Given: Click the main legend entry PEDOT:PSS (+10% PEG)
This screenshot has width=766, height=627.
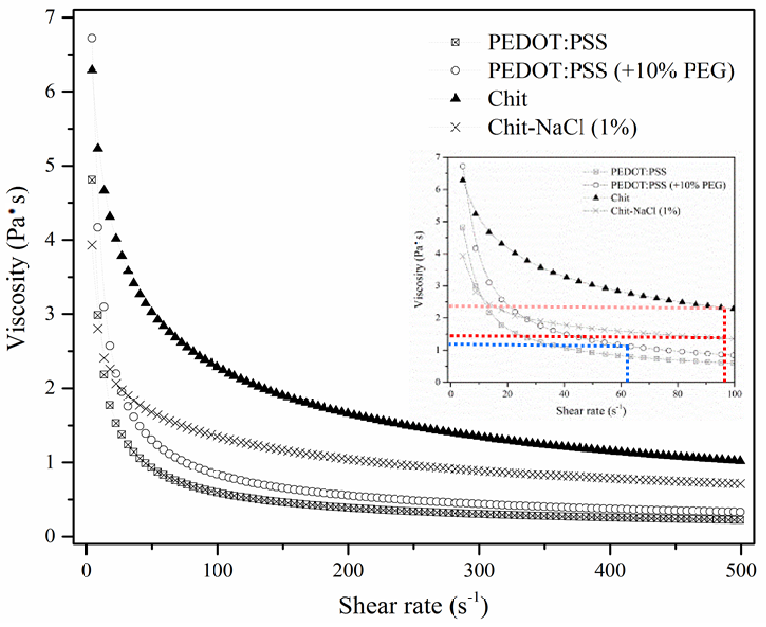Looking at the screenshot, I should [x=611, y=71].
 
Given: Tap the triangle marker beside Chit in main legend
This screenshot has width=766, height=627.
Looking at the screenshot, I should [x=456, y=98].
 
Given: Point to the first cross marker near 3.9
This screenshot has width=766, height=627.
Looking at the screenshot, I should [x=92, y=245].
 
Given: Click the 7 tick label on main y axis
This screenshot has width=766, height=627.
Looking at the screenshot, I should [x=53, y=17].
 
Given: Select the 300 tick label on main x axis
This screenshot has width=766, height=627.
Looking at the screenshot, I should [x=479, y=571].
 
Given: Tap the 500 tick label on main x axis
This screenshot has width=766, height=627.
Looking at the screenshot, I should [x=740, y=571].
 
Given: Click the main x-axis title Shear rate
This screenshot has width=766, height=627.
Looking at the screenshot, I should [x=413, y=606].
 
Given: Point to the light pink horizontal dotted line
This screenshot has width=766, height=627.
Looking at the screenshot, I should [x=578, y=307].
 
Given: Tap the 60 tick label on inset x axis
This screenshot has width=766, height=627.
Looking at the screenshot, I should [x=621, y=394].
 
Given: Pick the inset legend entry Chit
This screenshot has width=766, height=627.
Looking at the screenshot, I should [x=620, y=198].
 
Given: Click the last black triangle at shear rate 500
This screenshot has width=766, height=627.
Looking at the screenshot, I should [x=740, y=460].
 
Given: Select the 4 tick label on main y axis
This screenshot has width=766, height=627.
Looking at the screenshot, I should [x=53, y=240].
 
